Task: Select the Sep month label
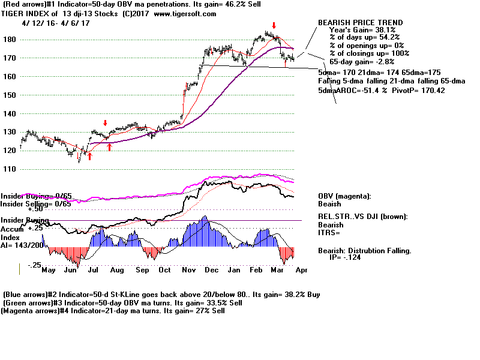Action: pos(142,271)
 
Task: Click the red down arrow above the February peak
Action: pos(274,26)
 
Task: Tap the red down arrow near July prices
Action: pos(106,122)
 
